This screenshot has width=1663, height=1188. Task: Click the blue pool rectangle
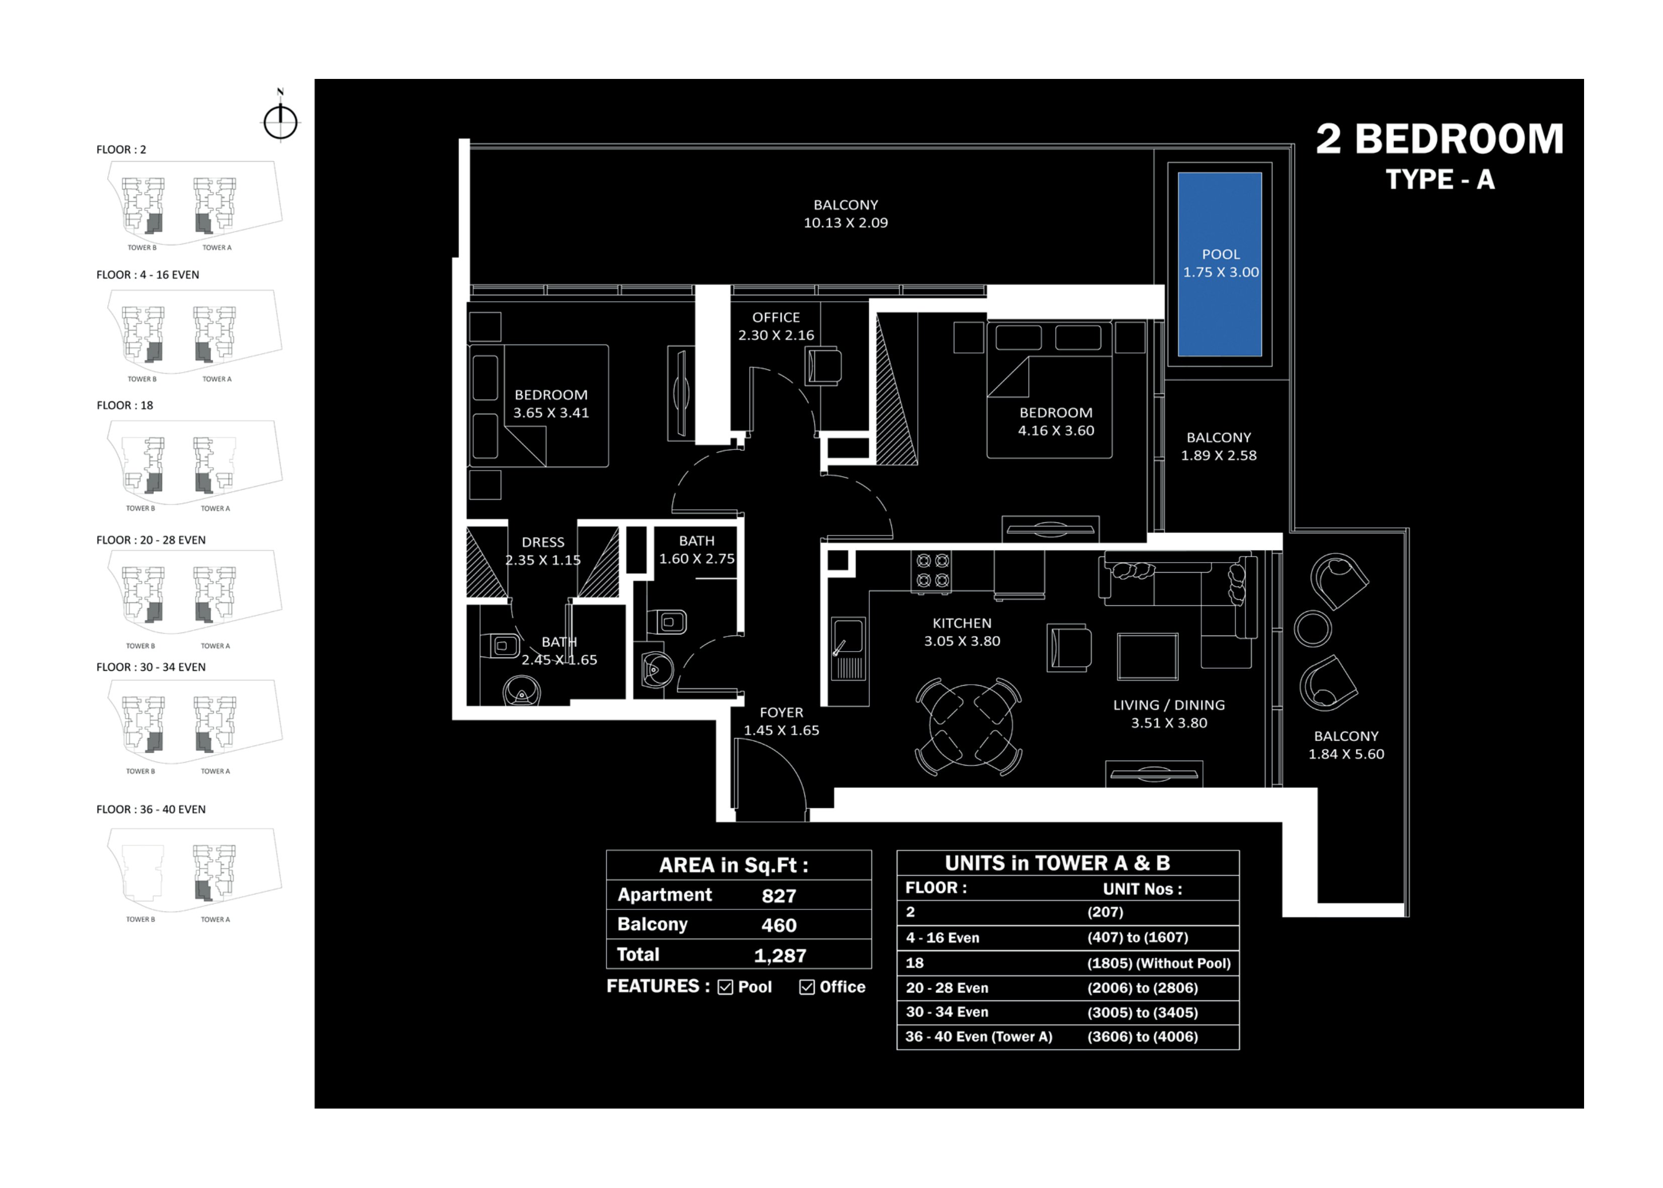pyautogui.click(x=1219, y=264)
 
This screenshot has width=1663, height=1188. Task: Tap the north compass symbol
pyautogui.click(x=280, y=117)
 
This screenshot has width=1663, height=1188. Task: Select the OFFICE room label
pyautogui.click(x=776, y=317)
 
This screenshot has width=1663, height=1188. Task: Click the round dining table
pyautogui.click(x=970, y=724)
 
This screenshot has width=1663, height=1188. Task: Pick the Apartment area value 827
pyautogui.click(x=778, y=895)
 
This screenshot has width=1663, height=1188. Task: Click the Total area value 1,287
pyautogui.click(x=780, y=955)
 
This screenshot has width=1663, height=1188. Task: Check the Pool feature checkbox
pyautogui.click(x=725, y=987)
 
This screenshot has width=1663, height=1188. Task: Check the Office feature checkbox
pyautogui.click(x=807, y=987)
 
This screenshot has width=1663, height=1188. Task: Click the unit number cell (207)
pyautogui.click(x=1105, y=912)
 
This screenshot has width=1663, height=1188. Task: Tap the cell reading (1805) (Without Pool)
pyautogui.click(x=1158, y=963)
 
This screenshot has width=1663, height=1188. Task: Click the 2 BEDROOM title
pyautogui.click(x=1439, y=139)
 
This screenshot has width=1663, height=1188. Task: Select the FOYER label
pyautogui.click(x=781, y=712)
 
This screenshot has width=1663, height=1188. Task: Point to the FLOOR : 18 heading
pyautogui.click(x=125, y=405)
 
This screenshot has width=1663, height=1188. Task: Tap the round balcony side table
pyautogui.click(x=1313, y=628)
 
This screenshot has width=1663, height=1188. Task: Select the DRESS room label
pyautogui.click(x=542, y=542)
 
